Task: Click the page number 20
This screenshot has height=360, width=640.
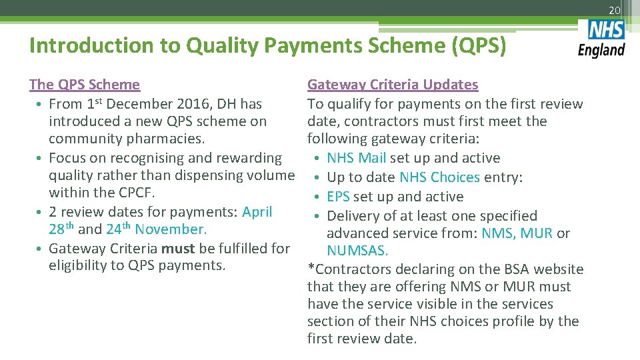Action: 614,10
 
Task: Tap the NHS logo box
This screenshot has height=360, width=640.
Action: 606,31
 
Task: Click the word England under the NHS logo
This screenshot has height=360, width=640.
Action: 601,50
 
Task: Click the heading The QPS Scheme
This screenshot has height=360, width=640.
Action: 85,85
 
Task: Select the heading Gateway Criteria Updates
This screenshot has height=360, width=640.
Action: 393,85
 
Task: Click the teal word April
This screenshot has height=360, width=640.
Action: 257,212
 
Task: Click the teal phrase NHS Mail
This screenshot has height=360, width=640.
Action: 356,158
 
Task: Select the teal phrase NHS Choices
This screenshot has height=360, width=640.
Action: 439,177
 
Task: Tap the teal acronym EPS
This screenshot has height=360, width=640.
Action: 338,197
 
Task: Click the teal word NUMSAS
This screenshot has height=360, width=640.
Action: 357,251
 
